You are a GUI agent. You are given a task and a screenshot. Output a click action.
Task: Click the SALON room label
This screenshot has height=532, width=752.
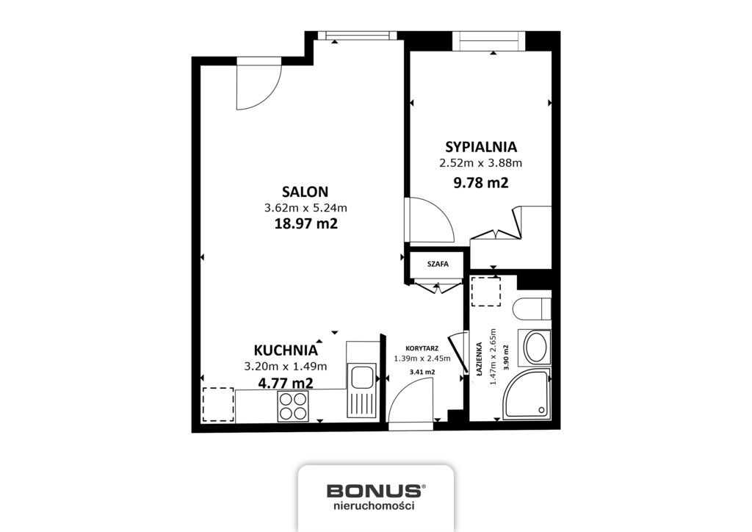305,192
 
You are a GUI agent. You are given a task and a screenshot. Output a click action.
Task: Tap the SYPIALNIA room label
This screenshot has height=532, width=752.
480,147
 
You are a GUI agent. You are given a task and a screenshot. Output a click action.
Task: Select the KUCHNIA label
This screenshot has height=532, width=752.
286,351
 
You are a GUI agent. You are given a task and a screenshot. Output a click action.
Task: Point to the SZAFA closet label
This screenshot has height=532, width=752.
438,264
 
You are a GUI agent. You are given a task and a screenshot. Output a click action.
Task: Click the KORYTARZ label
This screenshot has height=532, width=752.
422,349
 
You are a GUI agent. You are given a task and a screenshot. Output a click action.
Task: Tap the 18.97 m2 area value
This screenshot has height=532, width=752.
305,223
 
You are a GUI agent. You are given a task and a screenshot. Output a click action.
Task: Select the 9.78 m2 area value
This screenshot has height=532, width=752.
480,183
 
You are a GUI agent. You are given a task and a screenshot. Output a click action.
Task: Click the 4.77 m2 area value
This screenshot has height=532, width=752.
286,383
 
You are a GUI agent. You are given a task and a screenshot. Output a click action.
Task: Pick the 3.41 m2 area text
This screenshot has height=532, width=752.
422,372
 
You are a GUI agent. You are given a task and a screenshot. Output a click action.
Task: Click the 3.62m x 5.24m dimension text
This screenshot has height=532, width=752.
305,208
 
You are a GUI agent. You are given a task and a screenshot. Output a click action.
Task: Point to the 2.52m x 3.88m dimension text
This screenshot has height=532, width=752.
480,163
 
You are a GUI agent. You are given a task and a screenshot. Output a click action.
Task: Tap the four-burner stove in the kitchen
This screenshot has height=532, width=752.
292,406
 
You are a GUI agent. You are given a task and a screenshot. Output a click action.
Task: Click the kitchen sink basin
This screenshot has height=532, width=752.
361,376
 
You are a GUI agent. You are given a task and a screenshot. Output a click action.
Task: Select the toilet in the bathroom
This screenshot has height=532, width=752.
532,309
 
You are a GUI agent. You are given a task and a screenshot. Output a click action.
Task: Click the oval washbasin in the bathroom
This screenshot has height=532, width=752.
535,347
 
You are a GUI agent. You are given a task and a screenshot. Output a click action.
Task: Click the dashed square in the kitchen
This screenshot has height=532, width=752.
218,404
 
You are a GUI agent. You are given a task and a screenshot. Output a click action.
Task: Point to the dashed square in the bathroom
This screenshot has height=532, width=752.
486,291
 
